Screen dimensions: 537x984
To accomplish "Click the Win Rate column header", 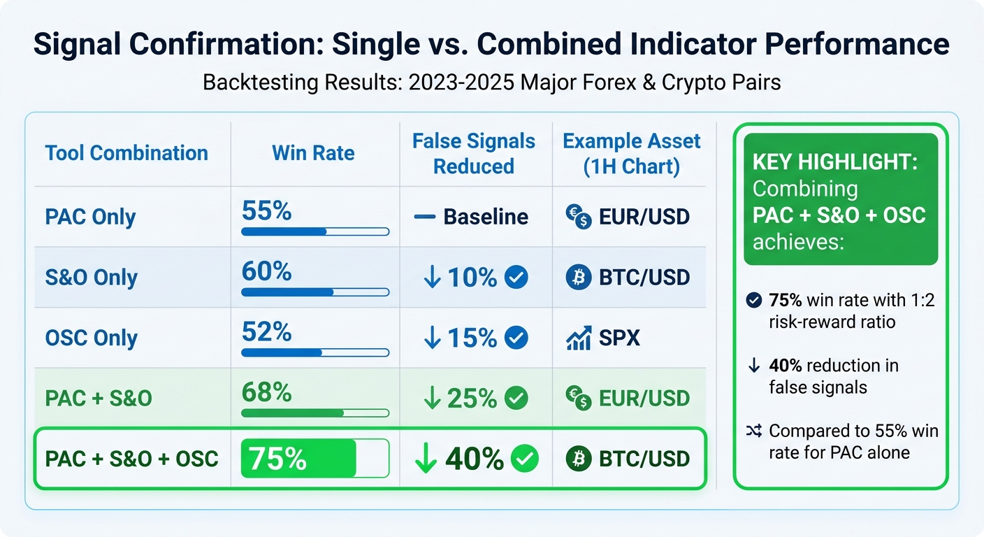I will (313, 153).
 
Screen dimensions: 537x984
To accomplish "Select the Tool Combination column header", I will (126, 153).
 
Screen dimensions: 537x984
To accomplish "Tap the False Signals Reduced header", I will (473, 154).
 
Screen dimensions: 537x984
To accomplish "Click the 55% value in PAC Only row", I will (266, 210).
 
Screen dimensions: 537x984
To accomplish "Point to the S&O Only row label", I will (92, 278).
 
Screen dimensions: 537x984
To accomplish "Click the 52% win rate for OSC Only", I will (266, 331).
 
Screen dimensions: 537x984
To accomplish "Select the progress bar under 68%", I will (314, 413).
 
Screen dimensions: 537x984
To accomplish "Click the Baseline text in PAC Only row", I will (486, 217).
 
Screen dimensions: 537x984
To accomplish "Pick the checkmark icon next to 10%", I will (516, 278).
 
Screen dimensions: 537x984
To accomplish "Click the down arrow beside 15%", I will (433, 338).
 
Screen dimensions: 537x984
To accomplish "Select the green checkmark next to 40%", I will (525, 459).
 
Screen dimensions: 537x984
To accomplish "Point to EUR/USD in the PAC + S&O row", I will (644, 399).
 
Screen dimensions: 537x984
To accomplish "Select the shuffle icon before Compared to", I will (753, 431).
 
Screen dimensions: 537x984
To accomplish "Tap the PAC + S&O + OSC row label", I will (131, 459).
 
